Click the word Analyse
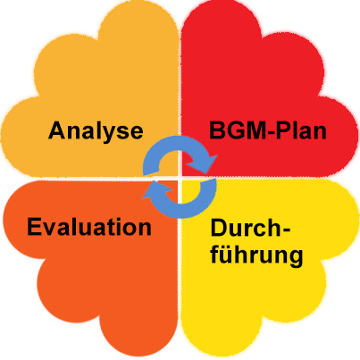(x=96, y=131)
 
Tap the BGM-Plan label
(x=268, y=130)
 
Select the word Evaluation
(x=89, y=227)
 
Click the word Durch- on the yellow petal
(x=250, y=228)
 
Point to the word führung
(x=256, y=255)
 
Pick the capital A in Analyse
(x=57, y=130)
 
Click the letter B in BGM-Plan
(x=217, y=130)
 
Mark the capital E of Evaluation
(x=35, y=227)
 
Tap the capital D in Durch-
(x=220, y=228)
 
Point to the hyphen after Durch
(x=286, y=230)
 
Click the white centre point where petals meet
(x=180, y=178)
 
